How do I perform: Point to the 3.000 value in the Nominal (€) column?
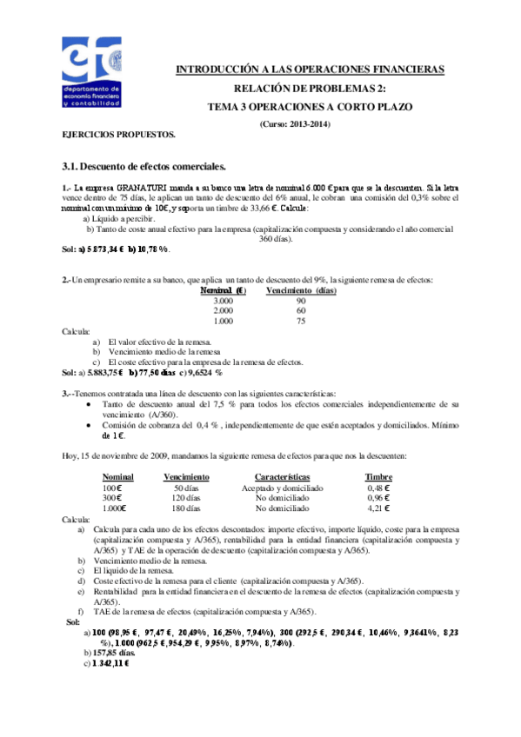point(223,300)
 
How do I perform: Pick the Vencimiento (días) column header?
point(301,290)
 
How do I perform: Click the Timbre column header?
point(378,477)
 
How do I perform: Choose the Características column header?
point(283,477)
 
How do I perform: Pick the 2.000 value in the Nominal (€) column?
point(223,310)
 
